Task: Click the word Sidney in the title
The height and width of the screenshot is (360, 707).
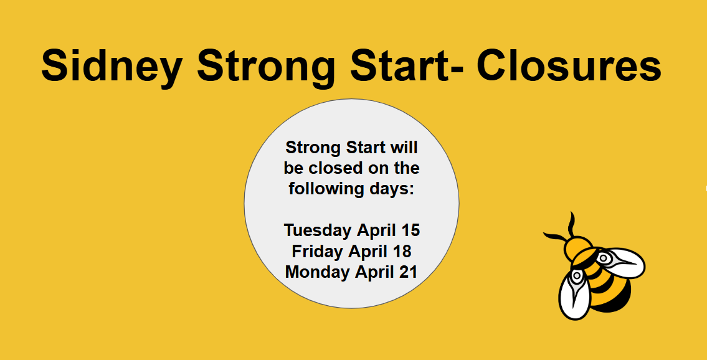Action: [x=112, y=66]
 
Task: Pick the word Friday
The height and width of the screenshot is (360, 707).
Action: [x=317, y=252]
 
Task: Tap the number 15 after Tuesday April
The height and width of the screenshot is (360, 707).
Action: [x=410, y=230]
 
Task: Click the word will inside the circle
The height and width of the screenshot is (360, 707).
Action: [x=404, y=147]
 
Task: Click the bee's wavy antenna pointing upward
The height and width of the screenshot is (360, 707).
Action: [x=572, y=224]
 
